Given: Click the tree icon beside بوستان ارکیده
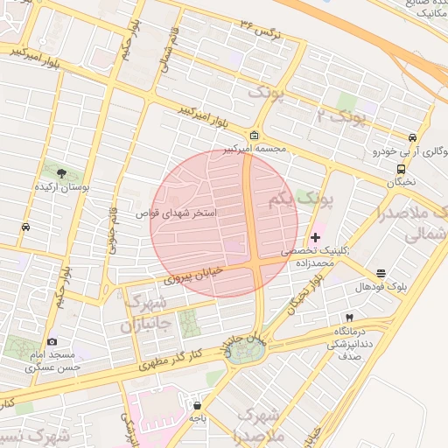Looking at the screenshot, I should click(x=60, y=174).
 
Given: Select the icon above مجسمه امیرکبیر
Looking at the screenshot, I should click(x=254, y=136).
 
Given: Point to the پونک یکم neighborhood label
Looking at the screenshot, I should click(x=302, y=201).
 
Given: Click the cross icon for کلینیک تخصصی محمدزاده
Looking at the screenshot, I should click(x=316, y=237).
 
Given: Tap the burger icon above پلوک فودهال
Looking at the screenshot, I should click(x=381, y=274).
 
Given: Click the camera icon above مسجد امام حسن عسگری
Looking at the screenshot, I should click(x=52, y=341).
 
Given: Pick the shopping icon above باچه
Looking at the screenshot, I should click(x=197, y=406).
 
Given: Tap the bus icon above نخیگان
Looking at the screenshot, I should click(x=401, y=169).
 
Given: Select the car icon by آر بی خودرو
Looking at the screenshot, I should click(x=411, y=137).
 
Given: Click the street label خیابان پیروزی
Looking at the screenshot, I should click(x=195, y=276).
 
